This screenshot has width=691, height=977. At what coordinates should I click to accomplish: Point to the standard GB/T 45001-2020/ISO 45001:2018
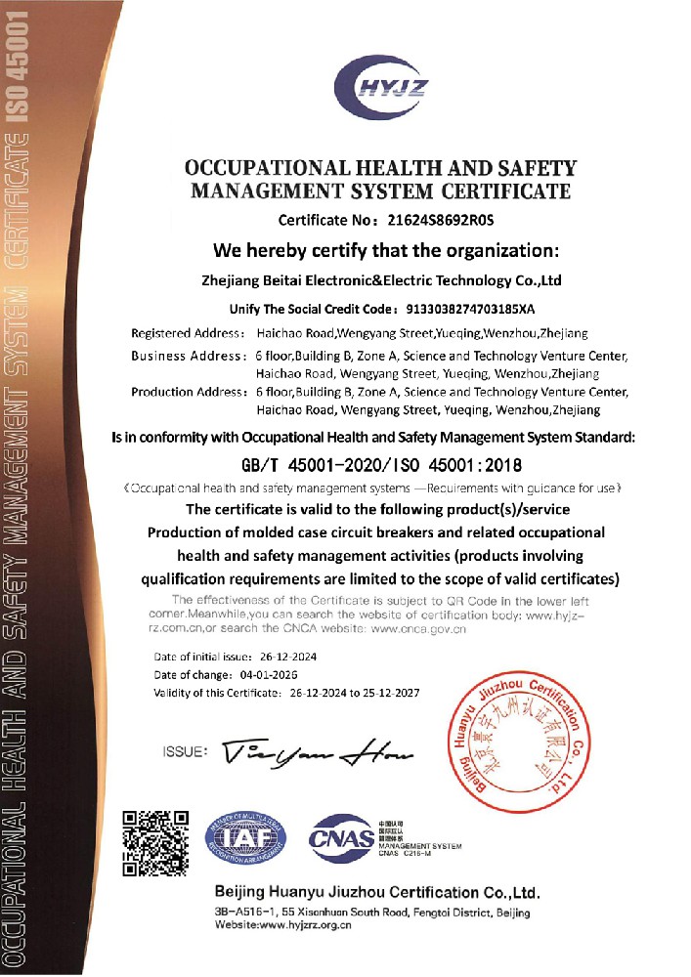pyautogui.click(x=382, y=463)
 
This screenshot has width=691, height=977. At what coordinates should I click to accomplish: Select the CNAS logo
pyautogui.click(x=341, y=838)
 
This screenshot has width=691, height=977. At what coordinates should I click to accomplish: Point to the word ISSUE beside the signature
pyautogui.click(x=185, y=752)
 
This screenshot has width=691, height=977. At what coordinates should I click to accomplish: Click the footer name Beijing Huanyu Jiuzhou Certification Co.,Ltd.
pyautogui.click(x=375, y=893)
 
